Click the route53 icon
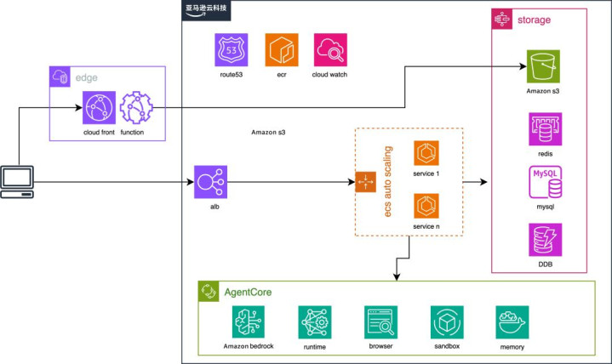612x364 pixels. pos(232,51)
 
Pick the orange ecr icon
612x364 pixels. pos(280,51)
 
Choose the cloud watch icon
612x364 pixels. pos(329,51)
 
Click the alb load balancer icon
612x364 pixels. pos(209,182)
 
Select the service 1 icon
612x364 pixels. pos(426,154)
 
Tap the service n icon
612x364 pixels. pos(426,207)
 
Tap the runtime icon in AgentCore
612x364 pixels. pos(314,323)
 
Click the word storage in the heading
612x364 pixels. pos(535,20)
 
